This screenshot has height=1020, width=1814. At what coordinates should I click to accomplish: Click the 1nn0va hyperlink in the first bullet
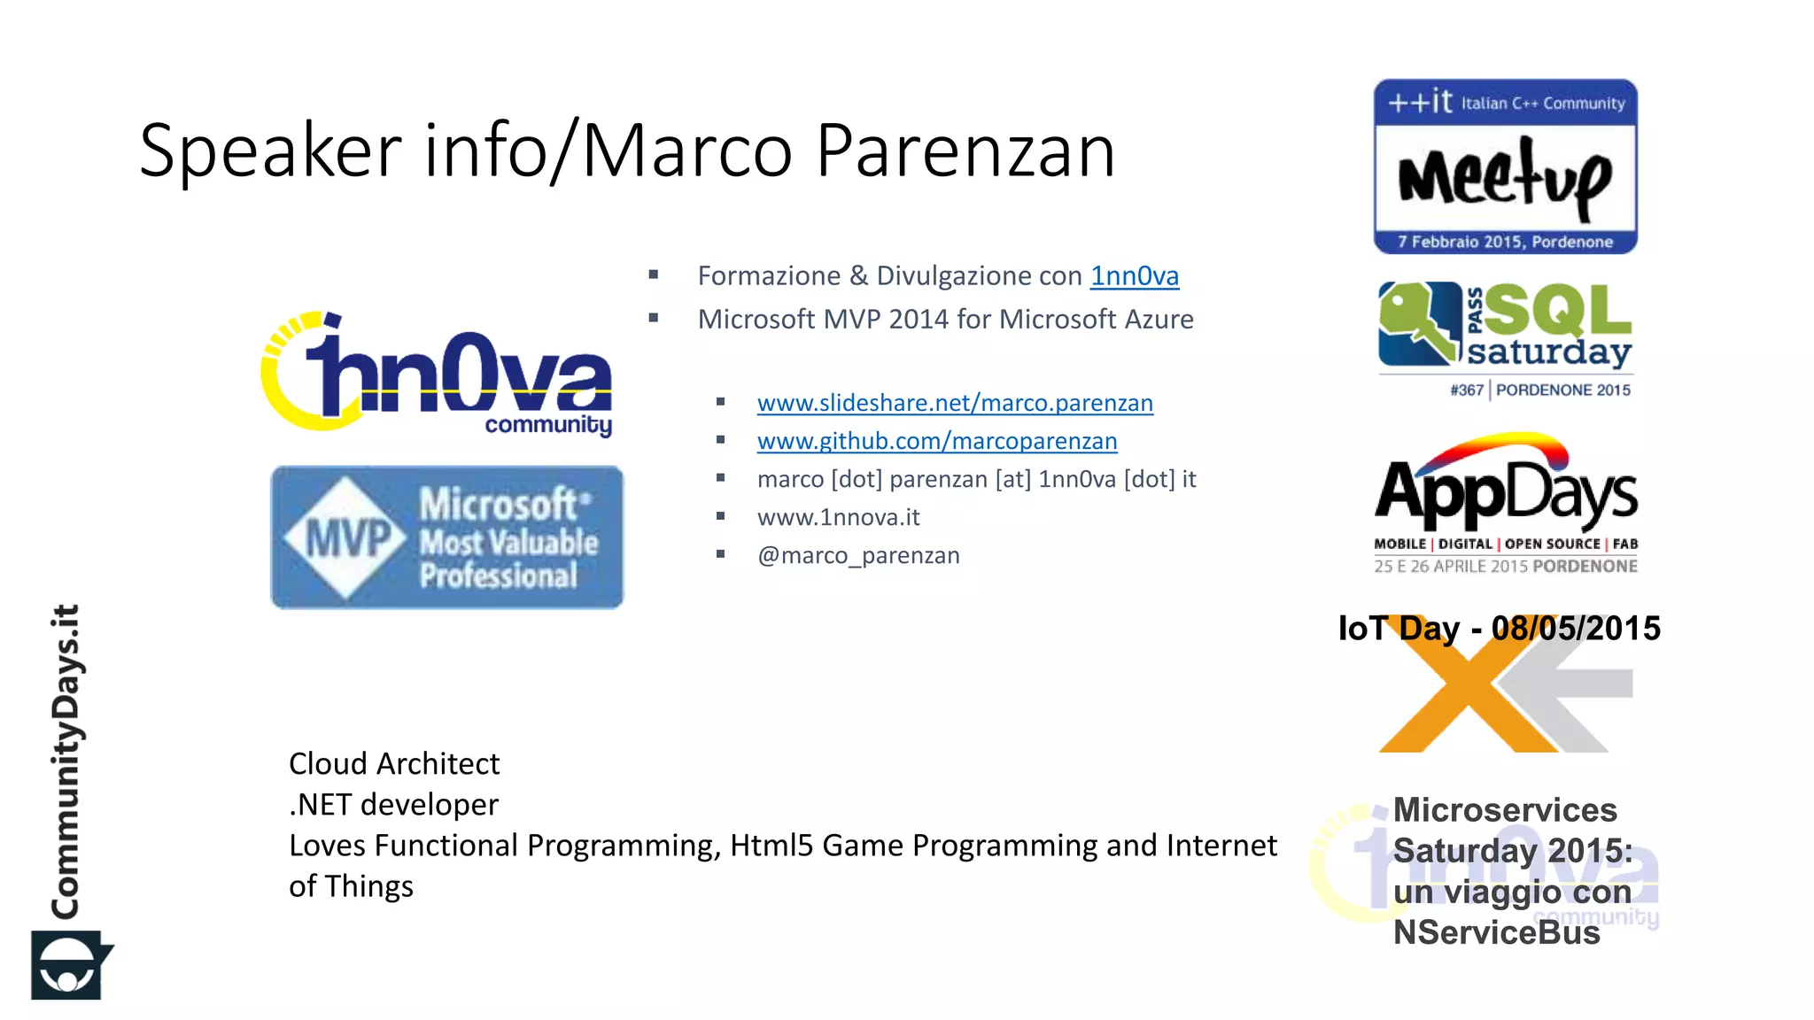pos(1134,276)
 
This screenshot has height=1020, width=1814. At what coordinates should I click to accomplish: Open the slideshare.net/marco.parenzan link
pos(955,403)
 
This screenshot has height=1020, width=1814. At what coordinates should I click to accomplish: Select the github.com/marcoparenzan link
pos(937,441)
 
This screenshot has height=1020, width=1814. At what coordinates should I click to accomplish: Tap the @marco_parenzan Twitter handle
pos(858,555)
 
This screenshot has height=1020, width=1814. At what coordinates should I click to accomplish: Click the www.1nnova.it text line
pos(838,517)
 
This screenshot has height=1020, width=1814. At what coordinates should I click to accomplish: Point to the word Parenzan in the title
pos(965,151)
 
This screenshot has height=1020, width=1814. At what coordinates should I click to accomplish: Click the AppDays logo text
pos(1506,492)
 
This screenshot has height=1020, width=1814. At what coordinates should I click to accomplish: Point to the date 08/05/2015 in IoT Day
pos(1576,629)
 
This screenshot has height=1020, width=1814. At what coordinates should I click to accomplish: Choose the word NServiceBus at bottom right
pos(1496,932)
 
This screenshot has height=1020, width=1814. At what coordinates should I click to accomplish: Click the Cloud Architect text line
pos(394,763)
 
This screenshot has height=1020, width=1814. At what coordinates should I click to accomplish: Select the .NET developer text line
pos(393,804)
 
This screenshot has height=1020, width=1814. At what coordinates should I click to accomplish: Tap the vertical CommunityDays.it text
pos(66,761)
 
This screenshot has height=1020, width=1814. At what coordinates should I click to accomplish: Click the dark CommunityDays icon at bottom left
pos(69,965)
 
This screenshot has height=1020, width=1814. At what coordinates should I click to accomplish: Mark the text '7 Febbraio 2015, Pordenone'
pos(1505,242)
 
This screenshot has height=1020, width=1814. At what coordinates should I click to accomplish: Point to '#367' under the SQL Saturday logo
pos(1466,390)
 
